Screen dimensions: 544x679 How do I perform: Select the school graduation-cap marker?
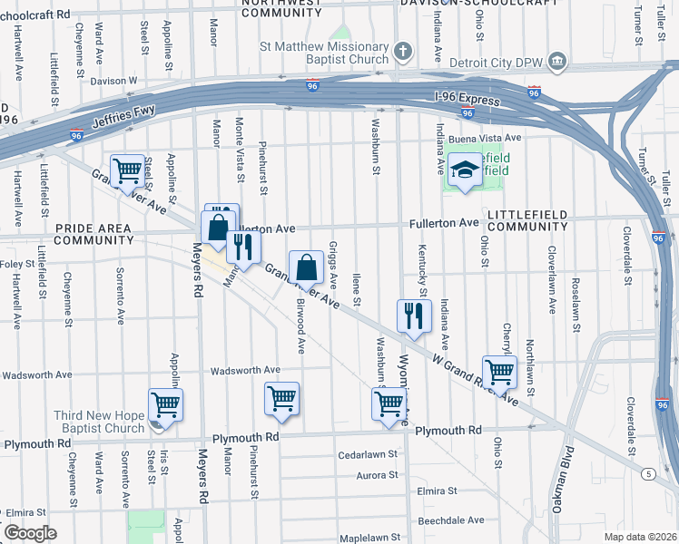pyautogui.click(x=465, y=170)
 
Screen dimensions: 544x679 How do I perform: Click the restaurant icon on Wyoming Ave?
pyautogui.click(x=411, y=316)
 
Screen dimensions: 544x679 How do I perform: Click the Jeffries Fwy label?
pyautogui.click(x=123, y=118)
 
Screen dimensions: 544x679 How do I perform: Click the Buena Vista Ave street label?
pyautogui.click(x=486, y=138)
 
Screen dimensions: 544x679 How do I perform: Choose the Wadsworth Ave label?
pyautogui.click(x=245, y=371)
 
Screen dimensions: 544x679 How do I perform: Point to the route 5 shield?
pyautogui.click(x=648, y=473)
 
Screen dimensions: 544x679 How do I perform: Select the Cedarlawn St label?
pyautogui.click(x=368, y=453)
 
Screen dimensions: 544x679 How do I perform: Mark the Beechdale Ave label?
pyautogui.click(x=451, y=520)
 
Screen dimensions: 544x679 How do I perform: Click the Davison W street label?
pyautogui.click(x=113, y=80)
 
